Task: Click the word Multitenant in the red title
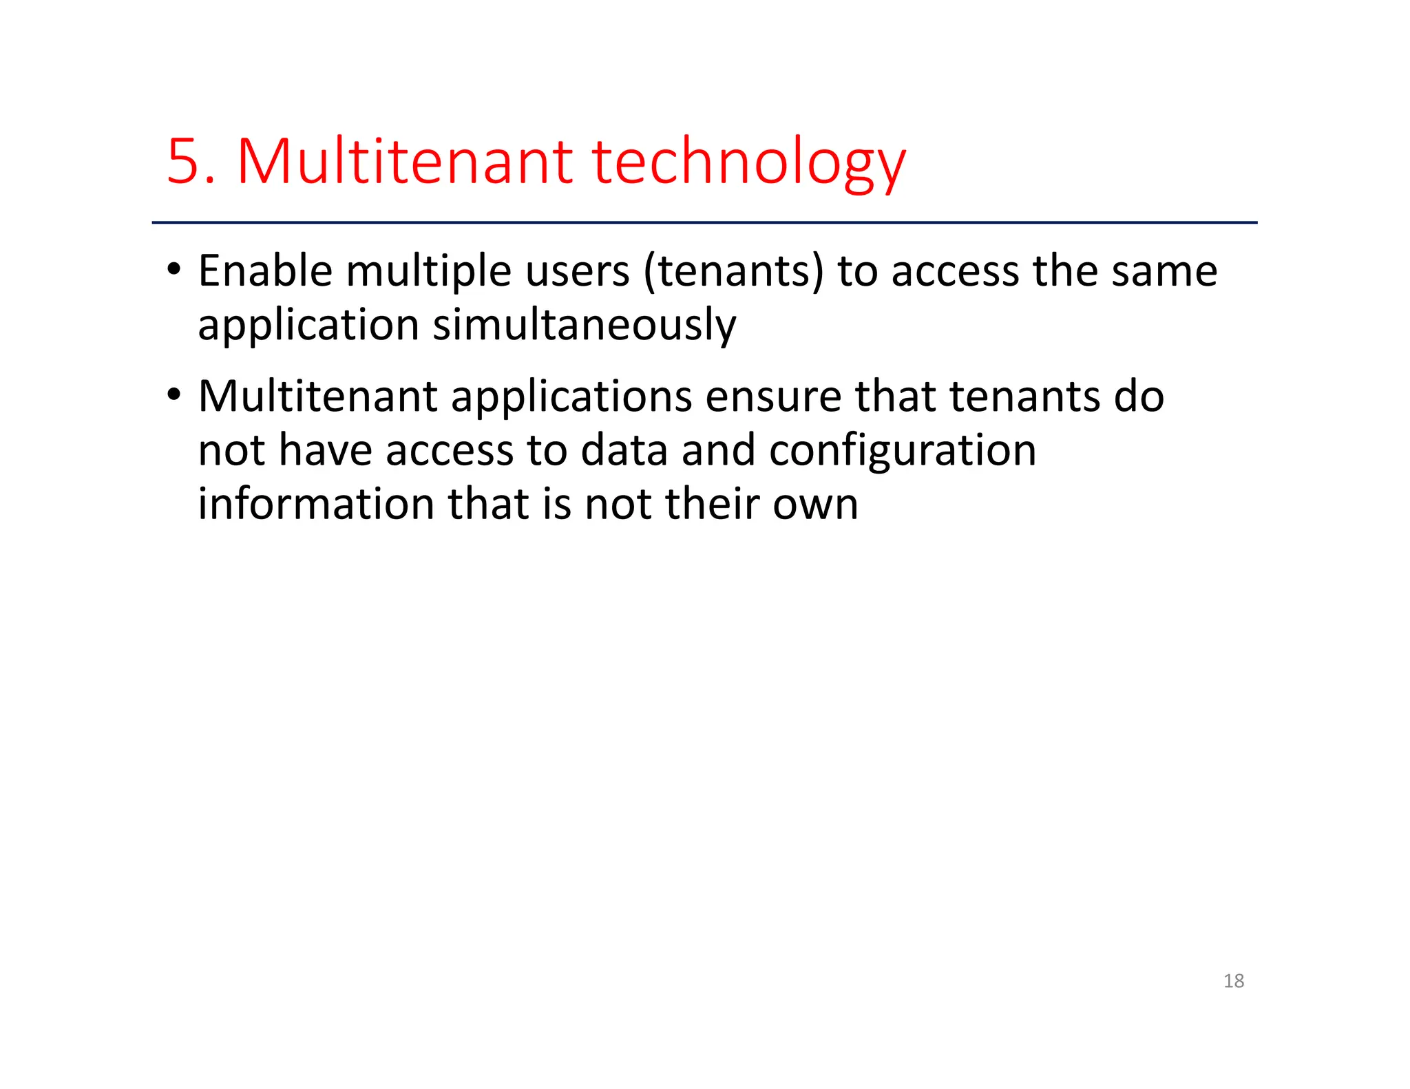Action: (405, 162)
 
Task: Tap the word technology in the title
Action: (748, 165)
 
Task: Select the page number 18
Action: (1233, 981)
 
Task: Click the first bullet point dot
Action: (173, 269)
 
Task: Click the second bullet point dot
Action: (173, 395)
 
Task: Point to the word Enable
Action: (265, 271)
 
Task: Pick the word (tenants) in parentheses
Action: (733, 272)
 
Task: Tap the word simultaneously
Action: (584, 326)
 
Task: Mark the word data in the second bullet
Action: (624, 451)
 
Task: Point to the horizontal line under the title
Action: (704, 222)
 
